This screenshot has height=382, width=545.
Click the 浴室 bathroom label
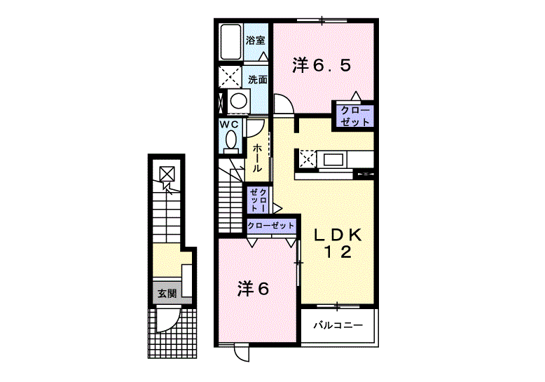(x=256, y=41)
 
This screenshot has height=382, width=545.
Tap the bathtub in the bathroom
(x=230, y=42)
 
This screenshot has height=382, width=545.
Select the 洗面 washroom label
(x=258, y=80)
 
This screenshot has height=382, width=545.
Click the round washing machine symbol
(x=239, y=101)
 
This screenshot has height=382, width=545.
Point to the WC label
(x=228, y=124)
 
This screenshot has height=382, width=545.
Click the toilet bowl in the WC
(x=230, y=142)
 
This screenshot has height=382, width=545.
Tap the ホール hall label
(x=257, y=158)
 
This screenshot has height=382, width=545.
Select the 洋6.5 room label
(x=322, y=65)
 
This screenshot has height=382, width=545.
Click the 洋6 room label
(x=253, y=288)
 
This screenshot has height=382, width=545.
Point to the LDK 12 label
(x=338, y=243)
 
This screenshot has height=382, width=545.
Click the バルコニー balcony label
(x=338, y=325)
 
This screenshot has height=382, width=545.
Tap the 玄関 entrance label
(x=167, y=294)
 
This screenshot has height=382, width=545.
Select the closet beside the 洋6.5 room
(x=355, y=116)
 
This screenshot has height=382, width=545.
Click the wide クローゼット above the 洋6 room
(x=271, y=226)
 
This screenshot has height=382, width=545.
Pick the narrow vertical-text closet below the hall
(x=258, y=200)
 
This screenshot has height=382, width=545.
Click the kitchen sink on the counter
(x=334, y=160)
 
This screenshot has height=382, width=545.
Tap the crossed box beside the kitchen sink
(x=308, y=160)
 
